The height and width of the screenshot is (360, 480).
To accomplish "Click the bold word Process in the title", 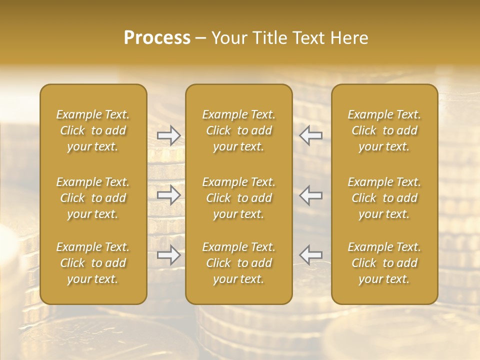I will coord(157,38).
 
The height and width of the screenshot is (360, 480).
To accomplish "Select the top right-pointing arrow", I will coord(169,135).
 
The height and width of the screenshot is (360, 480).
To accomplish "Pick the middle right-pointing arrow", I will coord(169,195).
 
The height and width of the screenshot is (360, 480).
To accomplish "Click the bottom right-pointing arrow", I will coord(169,255).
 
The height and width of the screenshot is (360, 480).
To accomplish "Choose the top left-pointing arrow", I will coord(311,135).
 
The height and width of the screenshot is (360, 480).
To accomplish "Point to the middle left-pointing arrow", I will coord(311,195).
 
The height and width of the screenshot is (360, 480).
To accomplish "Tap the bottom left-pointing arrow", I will coord(311,255).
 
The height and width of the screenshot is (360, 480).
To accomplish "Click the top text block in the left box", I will coord(93,130).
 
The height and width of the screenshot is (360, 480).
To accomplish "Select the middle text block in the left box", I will coord(93,198).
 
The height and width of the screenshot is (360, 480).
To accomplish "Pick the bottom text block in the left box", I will coord(93,263).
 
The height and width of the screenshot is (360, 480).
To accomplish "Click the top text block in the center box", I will coord(239,130).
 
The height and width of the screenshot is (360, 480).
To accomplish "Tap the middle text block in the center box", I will coord(239,198).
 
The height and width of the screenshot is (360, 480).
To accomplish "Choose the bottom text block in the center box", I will coord(239,263).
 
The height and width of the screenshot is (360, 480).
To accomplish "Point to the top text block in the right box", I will coord(384,130).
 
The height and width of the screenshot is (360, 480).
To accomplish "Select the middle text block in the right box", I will coord(384,198).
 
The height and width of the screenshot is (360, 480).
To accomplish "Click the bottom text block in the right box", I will coord(384,263).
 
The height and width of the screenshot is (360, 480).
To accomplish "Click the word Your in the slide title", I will coord(228,38).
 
